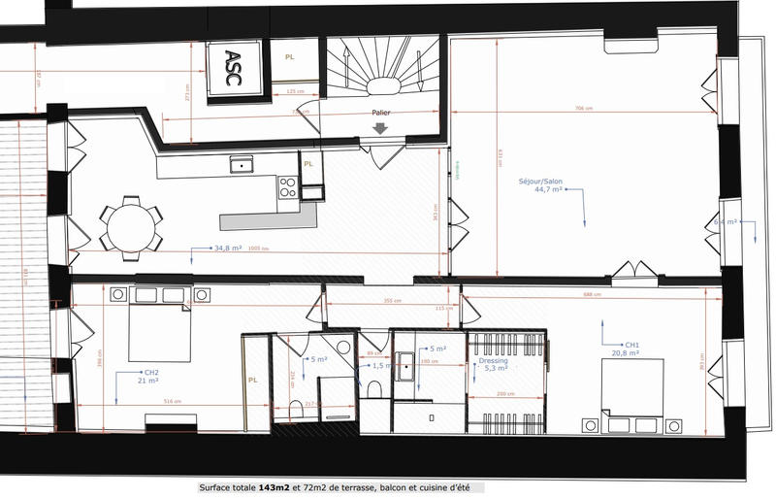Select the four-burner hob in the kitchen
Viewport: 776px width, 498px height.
287,186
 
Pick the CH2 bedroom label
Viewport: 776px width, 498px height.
151,372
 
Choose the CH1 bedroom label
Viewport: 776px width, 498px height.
631,345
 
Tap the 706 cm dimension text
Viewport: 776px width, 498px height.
582,108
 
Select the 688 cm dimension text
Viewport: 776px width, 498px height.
592,294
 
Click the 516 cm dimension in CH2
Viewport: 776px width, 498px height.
173,401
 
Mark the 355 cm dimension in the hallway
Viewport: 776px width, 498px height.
390,301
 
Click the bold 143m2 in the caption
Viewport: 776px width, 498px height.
275,488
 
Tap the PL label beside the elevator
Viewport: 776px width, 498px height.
289,57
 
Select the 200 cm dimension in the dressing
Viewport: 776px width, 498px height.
504,395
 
